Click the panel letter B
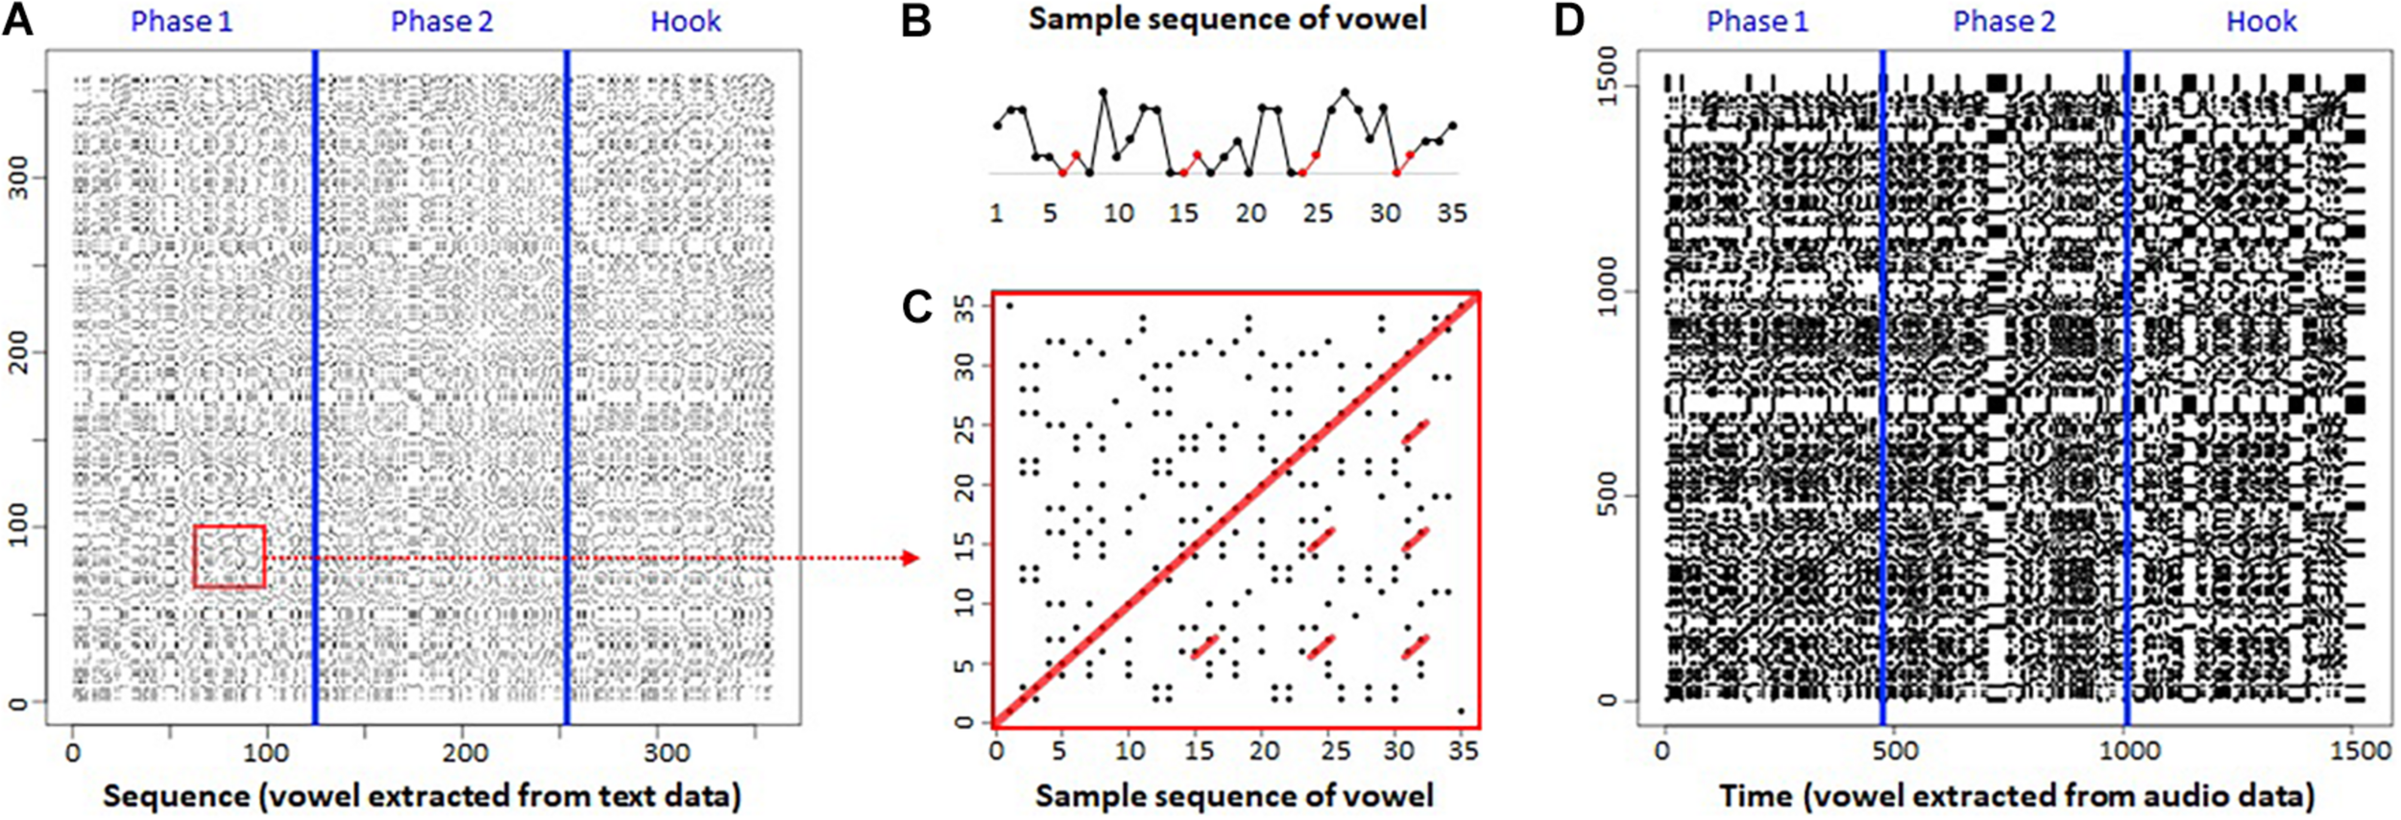(916, 20)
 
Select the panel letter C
(917, 306)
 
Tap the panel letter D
(1568, 20)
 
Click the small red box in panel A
(229, 556)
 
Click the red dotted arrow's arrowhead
(912, 558)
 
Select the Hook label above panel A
(685, 21)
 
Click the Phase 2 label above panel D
(2003, 21)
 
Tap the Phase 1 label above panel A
(182, 21)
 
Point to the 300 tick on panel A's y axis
(16, 178)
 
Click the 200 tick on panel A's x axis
(465, 752)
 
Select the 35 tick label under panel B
(1451, 212)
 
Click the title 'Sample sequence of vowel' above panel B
(1227, 18)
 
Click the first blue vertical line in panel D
(1882, 384)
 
